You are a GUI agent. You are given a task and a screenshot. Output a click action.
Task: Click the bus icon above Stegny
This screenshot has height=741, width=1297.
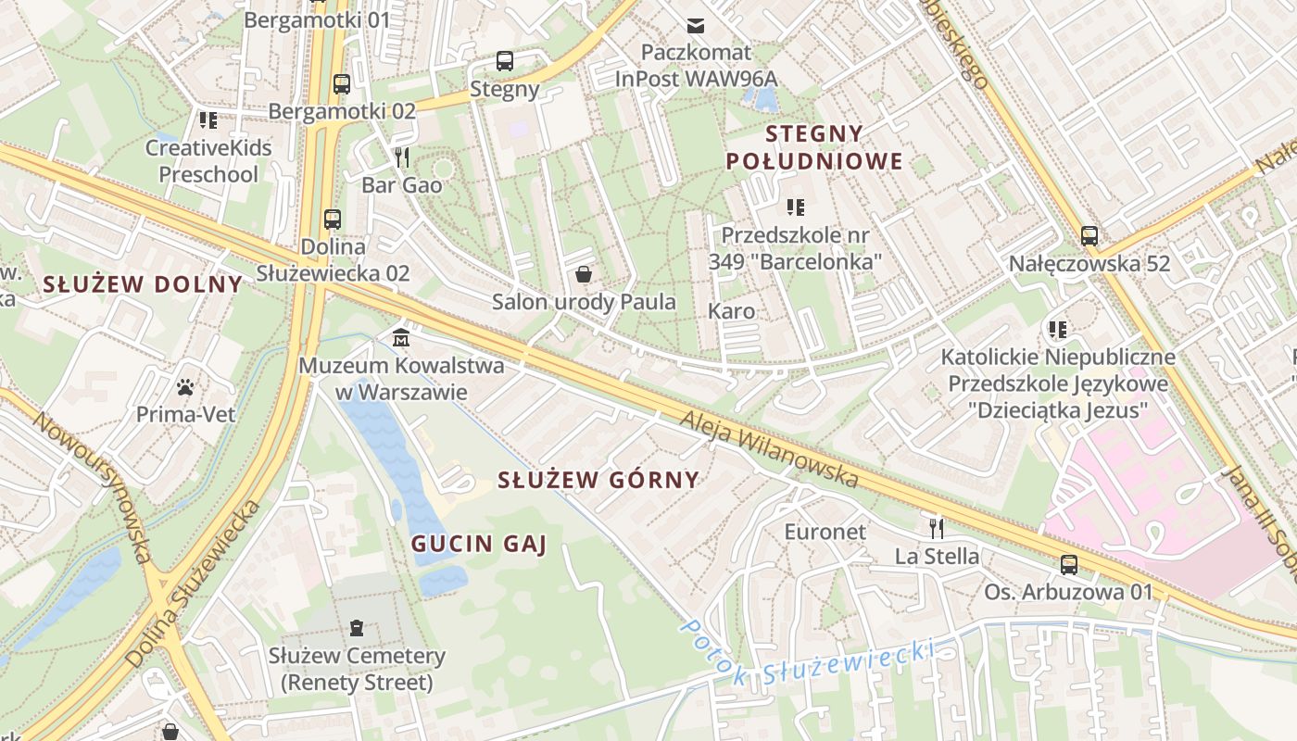[x=504, y=61]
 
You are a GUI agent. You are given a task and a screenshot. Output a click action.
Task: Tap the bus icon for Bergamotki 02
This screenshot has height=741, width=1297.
[x=341, y=84]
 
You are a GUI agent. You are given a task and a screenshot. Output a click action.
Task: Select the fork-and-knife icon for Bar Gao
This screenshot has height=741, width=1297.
[x=401, y=157]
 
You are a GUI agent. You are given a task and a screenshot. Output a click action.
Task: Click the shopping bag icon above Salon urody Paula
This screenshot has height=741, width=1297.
[x=584, y=274]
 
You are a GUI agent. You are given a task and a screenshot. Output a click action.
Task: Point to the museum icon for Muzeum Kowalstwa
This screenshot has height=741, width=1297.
[x=401, y=337]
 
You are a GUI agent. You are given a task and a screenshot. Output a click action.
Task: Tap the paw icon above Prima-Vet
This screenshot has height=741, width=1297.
[x=186, y=386]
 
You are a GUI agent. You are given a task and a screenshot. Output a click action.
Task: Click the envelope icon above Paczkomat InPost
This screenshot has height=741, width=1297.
[x=695, y=25]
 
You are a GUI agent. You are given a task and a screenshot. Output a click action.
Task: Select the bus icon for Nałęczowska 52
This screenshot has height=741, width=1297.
[x=1089, y=235]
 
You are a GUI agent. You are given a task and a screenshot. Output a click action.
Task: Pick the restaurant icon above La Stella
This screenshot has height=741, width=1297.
[x=937, y=528]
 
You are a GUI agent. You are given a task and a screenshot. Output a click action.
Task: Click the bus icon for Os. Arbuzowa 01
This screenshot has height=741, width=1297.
[x=1068, y=564]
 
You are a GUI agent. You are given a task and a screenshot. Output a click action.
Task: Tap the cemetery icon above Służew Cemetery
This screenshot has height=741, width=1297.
[x=357, y=629]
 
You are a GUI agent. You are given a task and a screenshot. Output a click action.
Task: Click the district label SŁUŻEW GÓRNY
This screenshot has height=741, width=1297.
[x=598, y=480]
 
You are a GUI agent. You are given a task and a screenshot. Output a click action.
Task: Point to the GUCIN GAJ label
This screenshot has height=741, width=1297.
[x=478, y=544]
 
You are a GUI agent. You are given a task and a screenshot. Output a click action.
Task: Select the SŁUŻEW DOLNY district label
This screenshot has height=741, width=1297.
[x=143, y=284]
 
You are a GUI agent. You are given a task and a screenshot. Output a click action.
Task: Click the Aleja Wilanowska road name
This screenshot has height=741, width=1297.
[x=769, y=449]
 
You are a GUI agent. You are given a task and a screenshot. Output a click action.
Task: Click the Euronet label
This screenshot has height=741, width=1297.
[x=825, y=532]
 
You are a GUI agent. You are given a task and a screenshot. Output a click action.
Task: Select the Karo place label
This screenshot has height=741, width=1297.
[x=731, y=311]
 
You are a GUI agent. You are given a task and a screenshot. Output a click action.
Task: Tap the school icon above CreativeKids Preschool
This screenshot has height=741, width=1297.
[x=208, y=119]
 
